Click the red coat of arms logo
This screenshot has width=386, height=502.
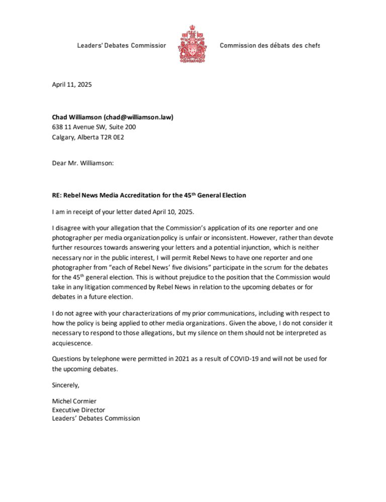(192, 45)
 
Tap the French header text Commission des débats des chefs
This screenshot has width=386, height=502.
(269, 46)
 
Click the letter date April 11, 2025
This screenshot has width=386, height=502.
(72, 84)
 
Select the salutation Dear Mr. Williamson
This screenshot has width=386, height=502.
(83, 163)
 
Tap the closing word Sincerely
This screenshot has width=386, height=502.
(66, 385)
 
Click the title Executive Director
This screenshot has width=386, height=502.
(78, 410)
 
